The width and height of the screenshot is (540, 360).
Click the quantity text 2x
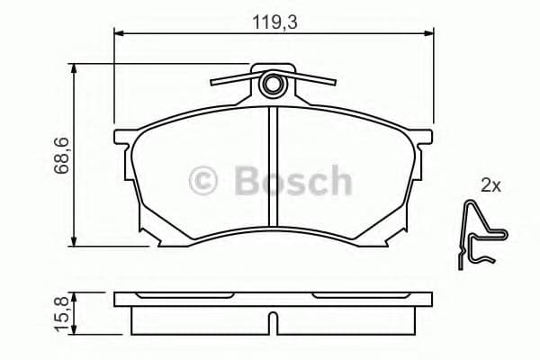click(490, 186)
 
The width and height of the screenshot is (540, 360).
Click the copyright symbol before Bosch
click(203, 181)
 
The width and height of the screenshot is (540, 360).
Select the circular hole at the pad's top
click(273, 85)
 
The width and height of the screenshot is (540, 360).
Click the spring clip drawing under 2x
click(481, 233)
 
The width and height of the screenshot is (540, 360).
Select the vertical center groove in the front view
click(273, 166)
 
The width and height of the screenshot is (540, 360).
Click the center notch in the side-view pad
click(273, 321)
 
